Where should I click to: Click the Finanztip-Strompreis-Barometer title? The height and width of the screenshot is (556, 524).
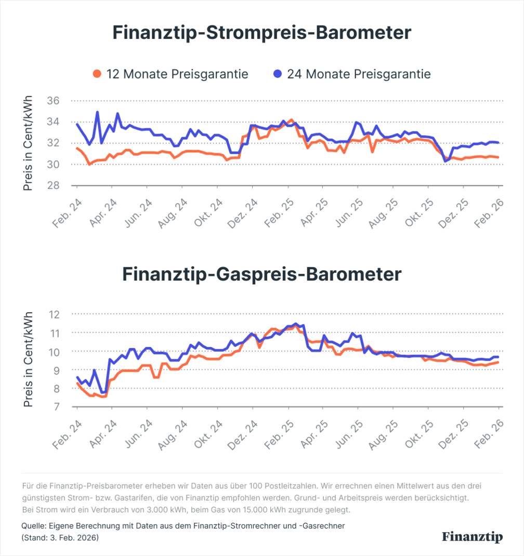[262, 33]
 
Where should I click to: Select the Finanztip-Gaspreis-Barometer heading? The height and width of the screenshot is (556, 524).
[262, 274]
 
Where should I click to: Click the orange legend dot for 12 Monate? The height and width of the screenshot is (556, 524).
[97, 74]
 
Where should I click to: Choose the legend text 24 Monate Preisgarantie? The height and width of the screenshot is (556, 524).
[359, 74]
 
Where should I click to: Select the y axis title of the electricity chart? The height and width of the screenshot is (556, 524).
[28, 143]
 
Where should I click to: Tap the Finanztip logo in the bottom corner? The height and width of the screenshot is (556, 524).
[472, 537]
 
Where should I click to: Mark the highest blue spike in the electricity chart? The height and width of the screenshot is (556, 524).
[97, 112]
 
